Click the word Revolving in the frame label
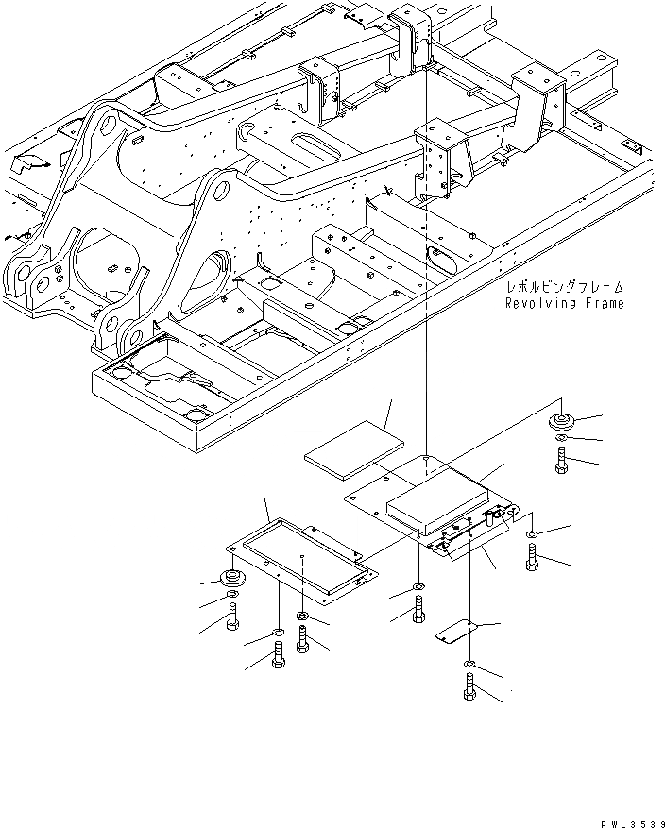click(537, 303)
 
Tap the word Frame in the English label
click(603, 303)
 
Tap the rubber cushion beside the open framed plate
click(230, 580)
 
